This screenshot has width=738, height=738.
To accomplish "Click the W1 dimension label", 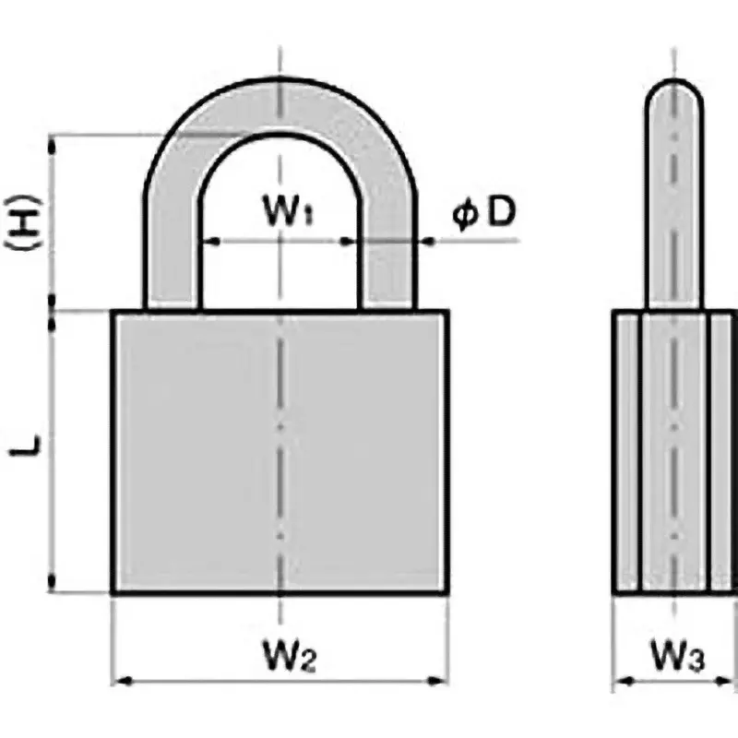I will (287, 214).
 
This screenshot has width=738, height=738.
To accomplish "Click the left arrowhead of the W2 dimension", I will (117, 683).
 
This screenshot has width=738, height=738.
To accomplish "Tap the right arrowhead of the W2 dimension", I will (443, 683).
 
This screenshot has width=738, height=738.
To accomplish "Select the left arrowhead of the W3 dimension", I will (620, 683).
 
